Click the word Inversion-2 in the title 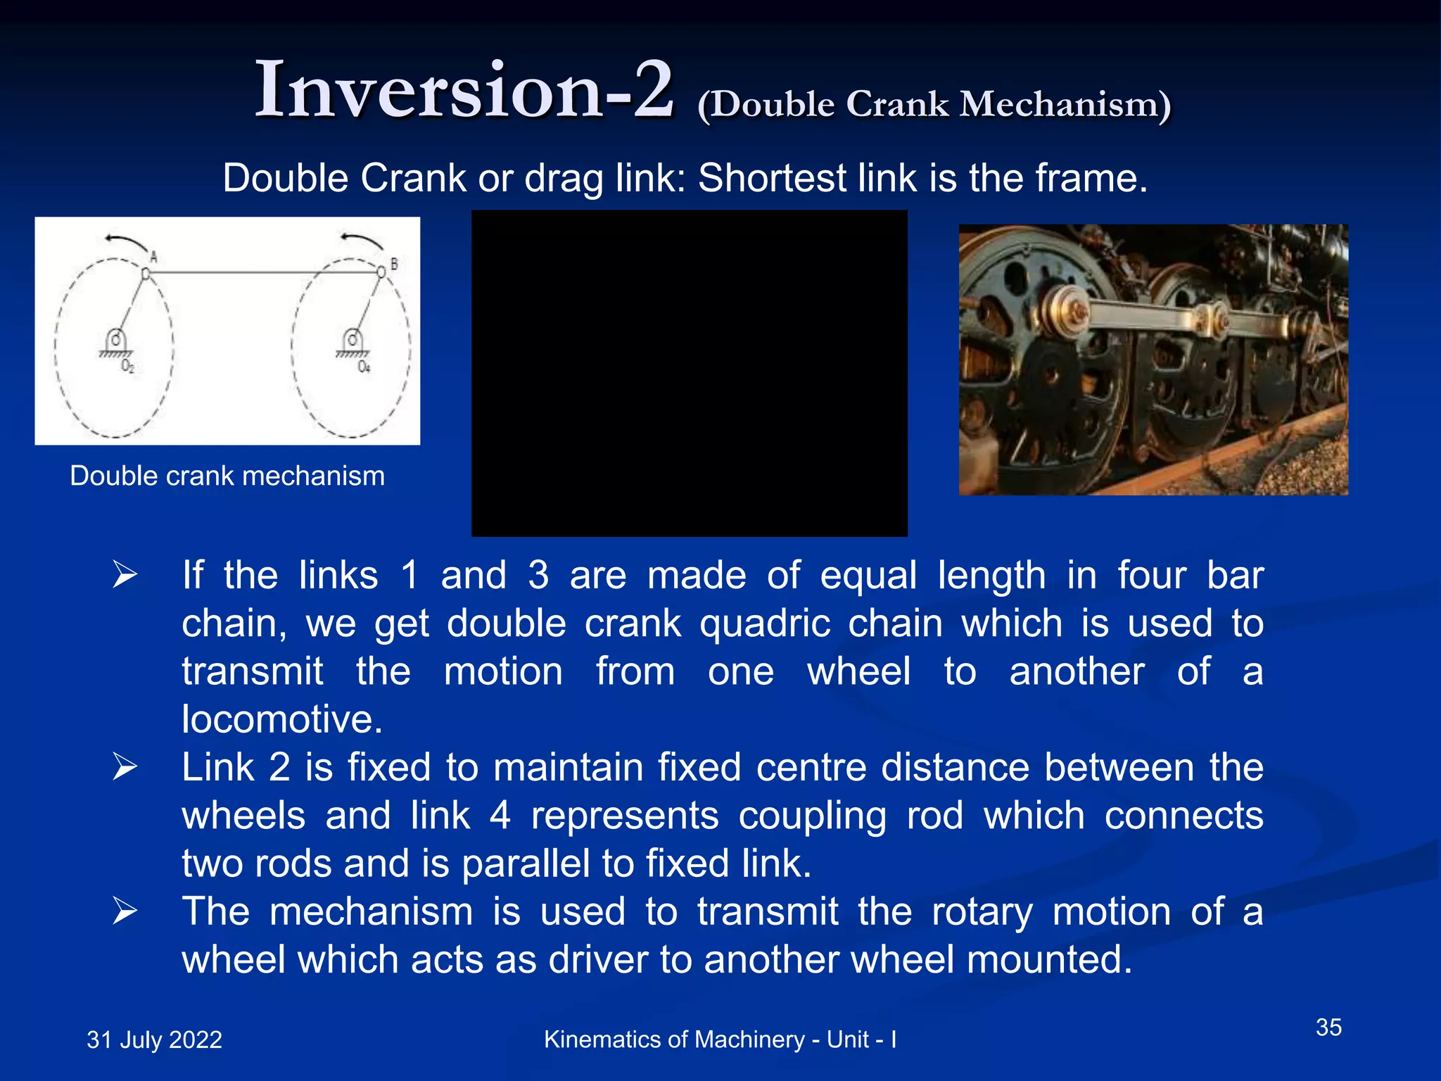pos(464,90)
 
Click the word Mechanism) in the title pos(1065,104)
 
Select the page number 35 pos(1328,1027)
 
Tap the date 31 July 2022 pos(154,1039)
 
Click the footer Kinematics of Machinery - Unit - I pos(720,1039)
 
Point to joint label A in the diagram pos(153,258)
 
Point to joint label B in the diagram pos(394,263)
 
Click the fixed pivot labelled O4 pos(353,342)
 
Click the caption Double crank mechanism pos(227,476)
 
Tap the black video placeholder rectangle pos(689,373)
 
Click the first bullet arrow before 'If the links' pos(125,576)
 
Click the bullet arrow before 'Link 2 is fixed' pos(125,767)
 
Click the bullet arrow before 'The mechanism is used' pos(125,911)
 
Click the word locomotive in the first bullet pos(281,719)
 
